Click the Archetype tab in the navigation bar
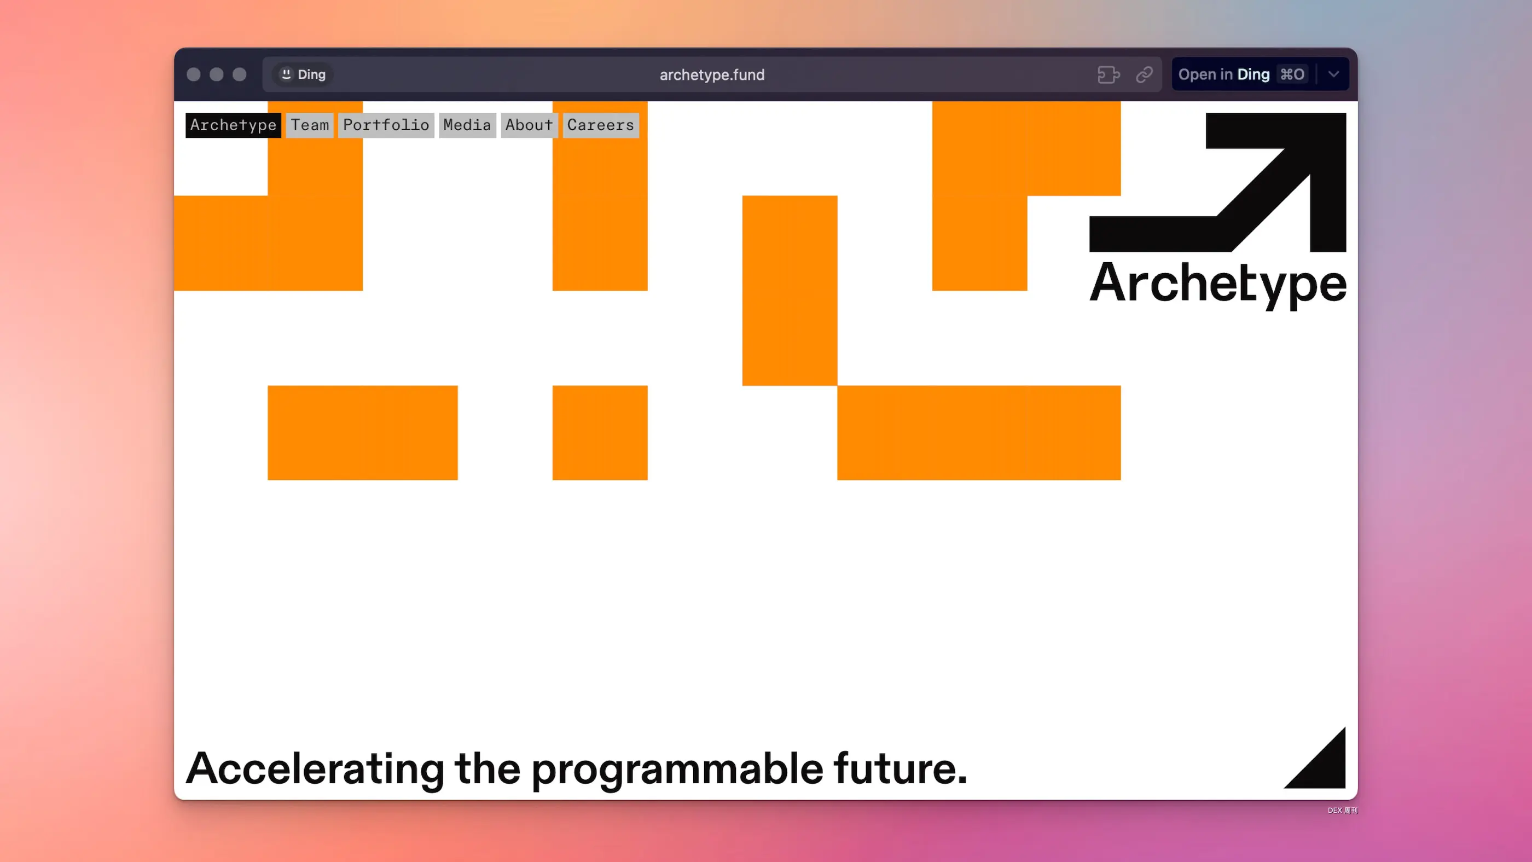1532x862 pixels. click(x=233, y=125)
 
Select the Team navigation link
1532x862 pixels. click(x=309, y=125)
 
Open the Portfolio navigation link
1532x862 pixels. click(x=386, y=125)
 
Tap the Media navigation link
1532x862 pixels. click(x=467, y=125)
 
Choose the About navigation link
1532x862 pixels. click(x=529, y=125)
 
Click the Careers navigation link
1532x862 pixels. click(x=601, y=125)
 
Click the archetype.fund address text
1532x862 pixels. click(x=712, y=75)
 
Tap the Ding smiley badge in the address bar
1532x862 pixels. click(x=303, y=74)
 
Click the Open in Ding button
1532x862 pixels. click(x=1243, y=74)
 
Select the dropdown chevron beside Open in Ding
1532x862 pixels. click(x=1333, y=74)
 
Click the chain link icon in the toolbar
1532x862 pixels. click(x=1144, y=75)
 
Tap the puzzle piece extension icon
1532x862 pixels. click(x=1109, y=75)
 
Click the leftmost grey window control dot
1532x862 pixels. click(x=193, y=74)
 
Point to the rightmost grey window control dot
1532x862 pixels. click(x=240, y=74)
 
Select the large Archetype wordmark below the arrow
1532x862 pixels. click(x=1218, y=285)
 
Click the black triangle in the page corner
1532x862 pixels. click(x=1325, y=767)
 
